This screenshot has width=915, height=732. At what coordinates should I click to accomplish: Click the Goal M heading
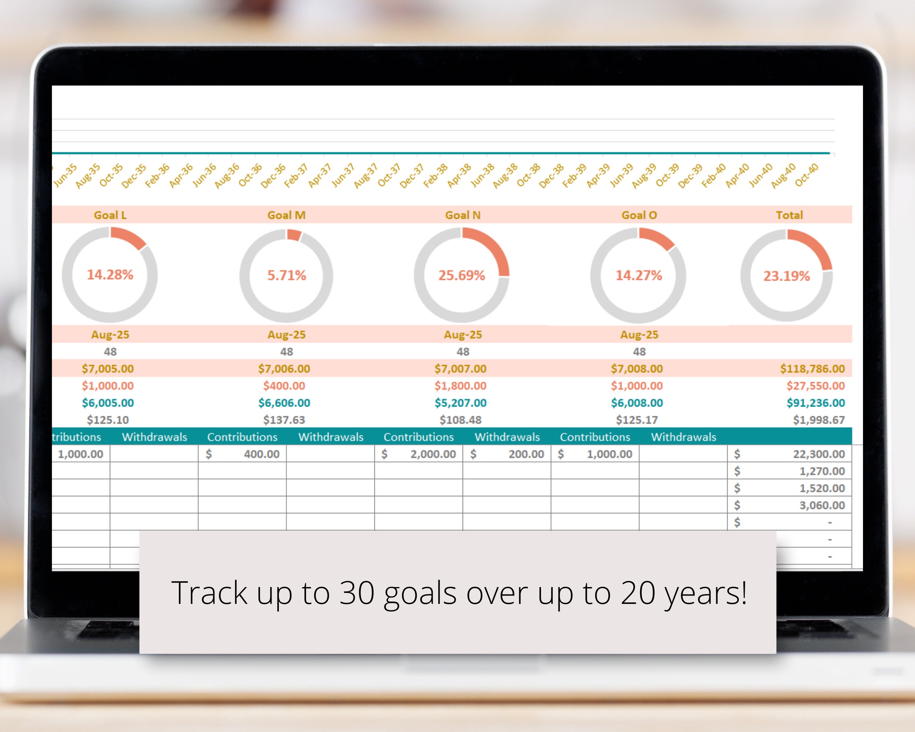click(287, 215)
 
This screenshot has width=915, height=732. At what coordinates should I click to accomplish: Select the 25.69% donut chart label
click(462, 275)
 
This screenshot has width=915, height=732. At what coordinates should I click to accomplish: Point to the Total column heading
click(789, 215)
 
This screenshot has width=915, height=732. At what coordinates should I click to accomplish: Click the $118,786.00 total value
click(812, 369)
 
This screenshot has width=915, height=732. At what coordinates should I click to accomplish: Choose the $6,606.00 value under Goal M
click(284, 403)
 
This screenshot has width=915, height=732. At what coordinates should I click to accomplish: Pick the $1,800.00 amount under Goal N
click(460, 386)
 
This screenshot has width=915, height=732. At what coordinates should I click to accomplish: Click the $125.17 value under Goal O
click(637, 420)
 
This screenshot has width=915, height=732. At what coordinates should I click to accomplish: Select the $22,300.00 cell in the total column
click(819, 454)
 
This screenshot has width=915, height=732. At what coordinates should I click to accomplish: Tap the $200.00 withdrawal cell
click(526, 454)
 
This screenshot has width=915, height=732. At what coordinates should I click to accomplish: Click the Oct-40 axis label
click(806, 175)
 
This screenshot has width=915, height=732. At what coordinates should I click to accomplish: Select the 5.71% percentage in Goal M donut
click(287, 275)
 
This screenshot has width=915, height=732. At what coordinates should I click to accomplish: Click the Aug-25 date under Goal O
click(639, 335)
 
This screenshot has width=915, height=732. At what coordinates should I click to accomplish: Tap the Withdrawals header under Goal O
click(684, 437)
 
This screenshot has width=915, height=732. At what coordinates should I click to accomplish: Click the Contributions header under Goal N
click(418, 437)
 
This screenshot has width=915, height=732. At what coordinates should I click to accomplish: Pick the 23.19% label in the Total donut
click(787, 276)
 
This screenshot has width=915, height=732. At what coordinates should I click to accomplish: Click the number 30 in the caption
click(357, 593)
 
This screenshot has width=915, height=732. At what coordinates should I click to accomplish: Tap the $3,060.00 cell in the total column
click(822, 505)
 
